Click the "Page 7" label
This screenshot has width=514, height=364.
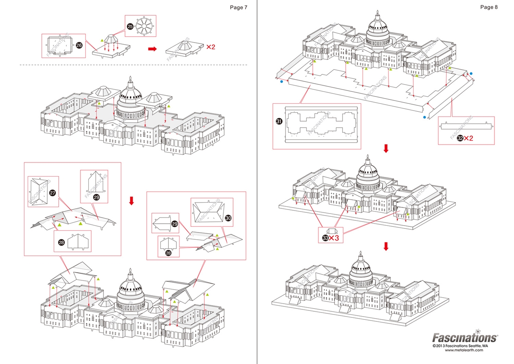239,7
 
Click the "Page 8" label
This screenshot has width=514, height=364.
489,7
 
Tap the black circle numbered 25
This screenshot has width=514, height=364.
130,27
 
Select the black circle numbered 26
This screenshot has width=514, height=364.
79,45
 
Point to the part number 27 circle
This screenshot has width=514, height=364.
53,193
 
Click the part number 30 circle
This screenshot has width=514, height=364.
228,218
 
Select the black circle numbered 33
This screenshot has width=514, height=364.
325,238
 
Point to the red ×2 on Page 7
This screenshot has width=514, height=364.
211,47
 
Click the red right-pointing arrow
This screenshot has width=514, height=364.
152,49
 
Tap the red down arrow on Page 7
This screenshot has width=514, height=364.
131,200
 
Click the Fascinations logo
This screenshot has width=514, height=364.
464,337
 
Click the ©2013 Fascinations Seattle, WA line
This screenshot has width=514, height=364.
460,345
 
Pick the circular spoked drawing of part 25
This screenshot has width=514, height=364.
144,27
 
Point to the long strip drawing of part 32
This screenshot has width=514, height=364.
466,126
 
